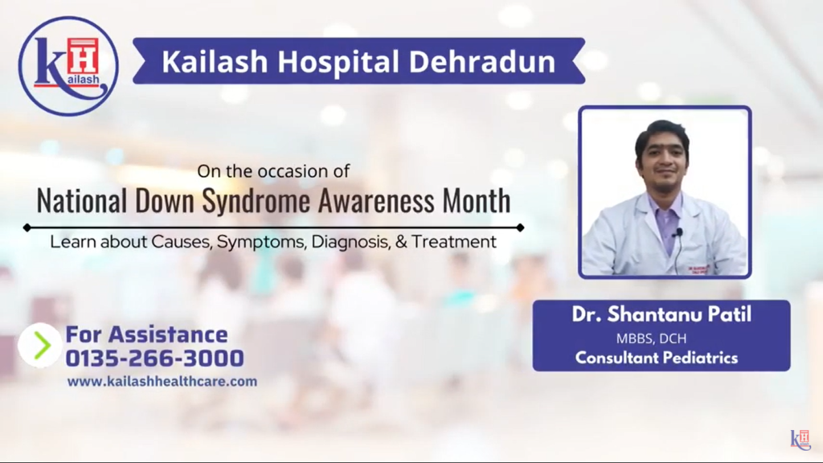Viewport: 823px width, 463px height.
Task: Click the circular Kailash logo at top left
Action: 68,66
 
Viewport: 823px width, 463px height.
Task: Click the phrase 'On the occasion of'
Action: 273,171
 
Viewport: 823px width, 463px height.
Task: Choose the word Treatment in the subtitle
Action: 454,241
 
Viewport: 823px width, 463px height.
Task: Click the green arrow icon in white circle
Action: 40,345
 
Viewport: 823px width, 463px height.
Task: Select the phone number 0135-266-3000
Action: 154,358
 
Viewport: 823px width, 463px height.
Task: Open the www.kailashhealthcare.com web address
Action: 162,382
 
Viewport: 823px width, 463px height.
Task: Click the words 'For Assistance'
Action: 146,334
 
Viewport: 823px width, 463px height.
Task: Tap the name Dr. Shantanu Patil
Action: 661,314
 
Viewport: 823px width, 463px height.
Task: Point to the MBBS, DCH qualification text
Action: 661,338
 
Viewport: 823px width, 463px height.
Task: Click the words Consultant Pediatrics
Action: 657,359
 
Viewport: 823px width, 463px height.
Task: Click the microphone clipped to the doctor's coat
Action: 678,233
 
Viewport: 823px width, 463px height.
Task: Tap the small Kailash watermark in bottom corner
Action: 800,440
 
